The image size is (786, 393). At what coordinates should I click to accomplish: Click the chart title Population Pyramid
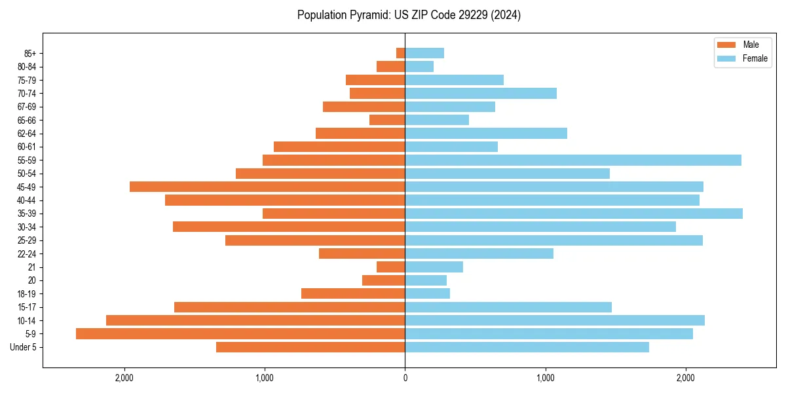[x=409, y=15]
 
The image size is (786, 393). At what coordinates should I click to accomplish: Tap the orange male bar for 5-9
[x=240, y=334]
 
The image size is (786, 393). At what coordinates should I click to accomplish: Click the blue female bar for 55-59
[x=573, y=160]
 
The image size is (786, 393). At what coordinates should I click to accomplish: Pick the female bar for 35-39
[x=574, y=214]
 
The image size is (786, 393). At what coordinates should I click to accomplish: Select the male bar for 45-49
[x=267, y=187]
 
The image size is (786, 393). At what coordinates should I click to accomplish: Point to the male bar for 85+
[x=401, y=53]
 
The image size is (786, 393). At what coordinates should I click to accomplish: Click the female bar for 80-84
[x=419, y=67]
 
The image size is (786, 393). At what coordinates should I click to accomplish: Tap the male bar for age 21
[x=391, y=267]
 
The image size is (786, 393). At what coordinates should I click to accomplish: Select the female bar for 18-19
[x=428, y=293]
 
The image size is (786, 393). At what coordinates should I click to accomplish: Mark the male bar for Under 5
[x=310, y=347]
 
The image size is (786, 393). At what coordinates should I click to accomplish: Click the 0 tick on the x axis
[x=405, y=378]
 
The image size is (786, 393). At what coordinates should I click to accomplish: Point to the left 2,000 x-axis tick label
[x=124, y=378]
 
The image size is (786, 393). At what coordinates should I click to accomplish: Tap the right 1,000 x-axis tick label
[x=546, y=378]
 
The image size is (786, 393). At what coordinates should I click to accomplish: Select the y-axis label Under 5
[x=23, y=347]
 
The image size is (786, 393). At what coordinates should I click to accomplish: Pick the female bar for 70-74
[x=481, y=94]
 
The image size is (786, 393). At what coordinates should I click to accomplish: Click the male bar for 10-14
[x=255, y=320]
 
